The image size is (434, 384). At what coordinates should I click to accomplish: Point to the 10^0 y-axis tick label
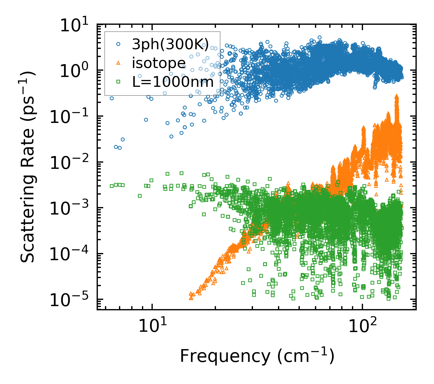(x=76, y=71)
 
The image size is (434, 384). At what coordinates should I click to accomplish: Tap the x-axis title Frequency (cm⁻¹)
(x=257, y=356)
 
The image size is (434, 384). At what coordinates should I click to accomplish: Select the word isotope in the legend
(x=159, y=63)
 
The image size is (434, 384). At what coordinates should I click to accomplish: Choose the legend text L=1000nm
(x=173, y=81)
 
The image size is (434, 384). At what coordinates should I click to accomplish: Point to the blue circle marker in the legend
(x=118, y=44)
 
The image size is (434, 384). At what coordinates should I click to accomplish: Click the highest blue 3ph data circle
(x=319, y=38)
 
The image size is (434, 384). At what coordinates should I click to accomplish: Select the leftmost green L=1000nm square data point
(x=112, y=186)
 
